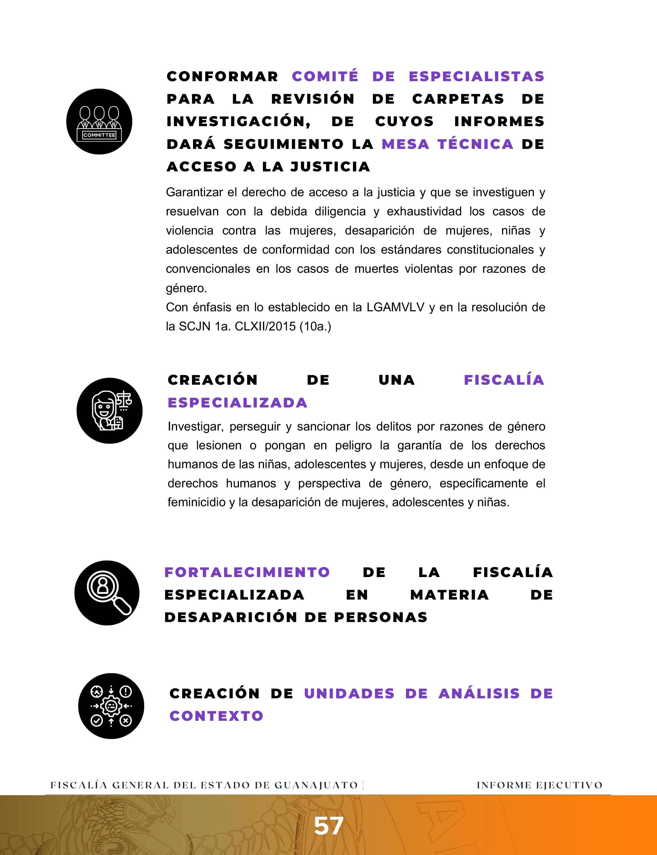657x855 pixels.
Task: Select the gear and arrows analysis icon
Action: (111, 706)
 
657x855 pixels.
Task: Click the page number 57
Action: (329, 826)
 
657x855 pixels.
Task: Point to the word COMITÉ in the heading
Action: (325, 76)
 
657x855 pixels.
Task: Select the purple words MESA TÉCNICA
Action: (447, 144)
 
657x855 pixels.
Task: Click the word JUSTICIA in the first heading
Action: (330, 167)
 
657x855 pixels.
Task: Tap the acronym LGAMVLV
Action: (395, 307)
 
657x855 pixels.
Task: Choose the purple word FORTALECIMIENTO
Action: (247, 572)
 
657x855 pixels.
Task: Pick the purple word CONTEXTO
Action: (216, 716)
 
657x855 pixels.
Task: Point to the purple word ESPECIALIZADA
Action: (237, 403)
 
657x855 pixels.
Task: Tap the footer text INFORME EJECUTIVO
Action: (539, 785)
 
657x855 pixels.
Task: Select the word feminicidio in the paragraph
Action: (196, 502)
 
